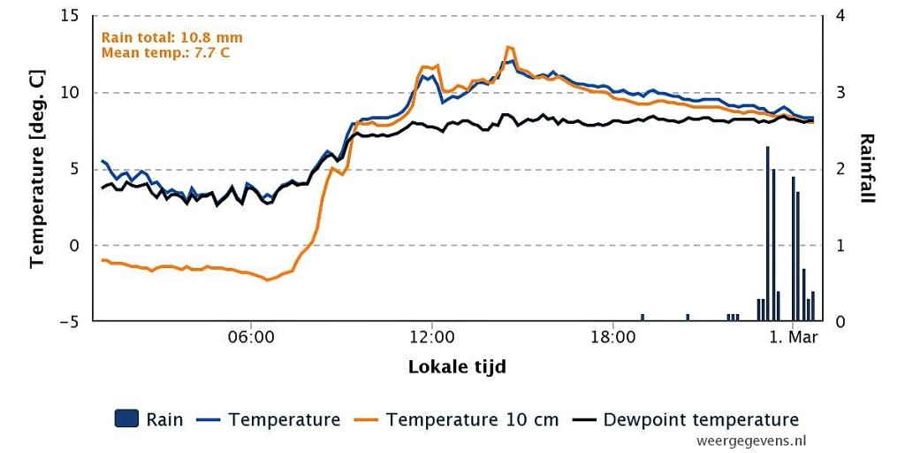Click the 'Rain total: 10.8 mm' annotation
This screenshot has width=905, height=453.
coord(172,37)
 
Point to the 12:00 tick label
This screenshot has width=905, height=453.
coord(431,337)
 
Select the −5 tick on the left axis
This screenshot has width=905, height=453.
coord(71,321)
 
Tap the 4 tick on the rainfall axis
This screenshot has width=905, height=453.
coord(840,16)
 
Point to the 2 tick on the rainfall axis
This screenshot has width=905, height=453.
coord(840,169)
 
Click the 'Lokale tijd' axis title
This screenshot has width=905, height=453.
coord(457,367)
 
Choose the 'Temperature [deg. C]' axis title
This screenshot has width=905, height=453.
coord(37,168)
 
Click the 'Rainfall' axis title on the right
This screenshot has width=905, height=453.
coord(867,168)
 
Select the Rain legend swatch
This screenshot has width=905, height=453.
coord(127,418)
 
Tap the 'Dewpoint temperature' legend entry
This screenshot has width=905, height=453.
coord(686,418)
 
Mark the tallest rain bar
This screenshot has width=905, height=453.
coord(768,234)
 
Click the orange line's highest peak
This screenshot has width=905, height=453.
coord(508,47)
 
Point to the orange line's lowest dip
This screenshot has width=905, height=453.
coord(267,280)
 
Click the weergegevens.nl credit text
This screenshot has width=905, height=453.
coord(751,441)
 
